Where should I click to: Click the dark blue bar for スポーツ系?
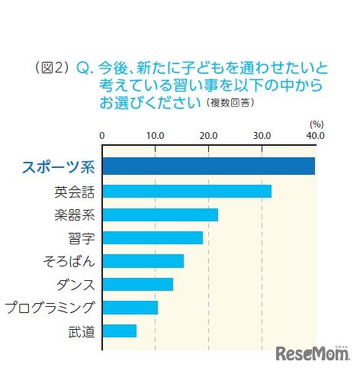(x=208, y=166)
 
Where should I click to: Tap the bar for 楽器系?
(x=160, y=215)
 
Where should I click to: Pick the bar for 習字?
(x=153, y=237)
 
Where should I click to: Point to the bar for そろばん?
(x=143, y=261)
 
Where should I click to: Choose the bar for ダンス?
(x=137, y=284)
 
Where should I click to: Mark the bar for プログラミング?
(x=130, y=308)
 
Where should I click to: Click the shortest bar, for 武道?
(x=119, y=331)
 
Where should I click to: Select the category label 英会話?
(x=75, y=191)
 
